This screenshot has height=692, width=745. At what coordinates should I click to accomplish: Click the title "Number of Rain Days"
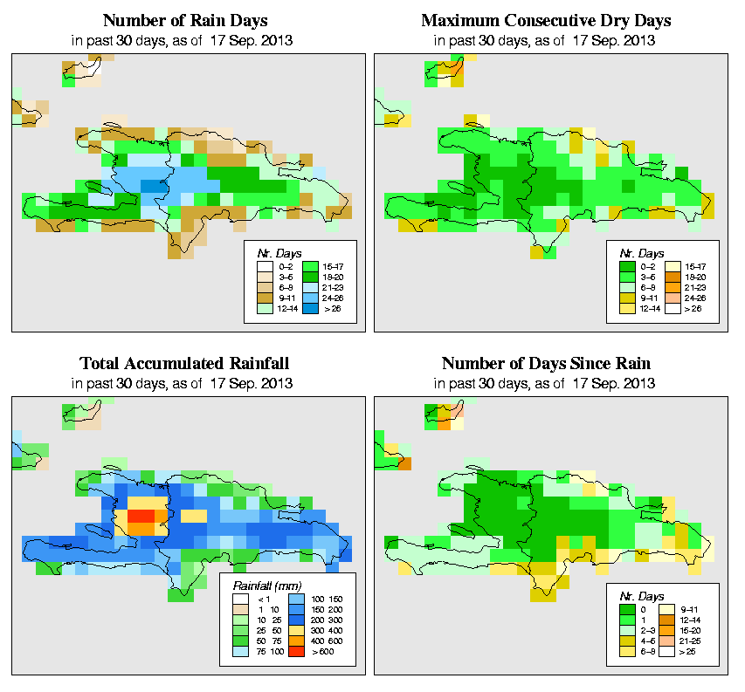pyautogui.click(x=184, y=20)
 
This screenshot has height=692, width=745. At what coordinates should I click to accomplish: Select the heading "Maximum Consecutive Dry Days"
pyautogui.click(x=546, y=20)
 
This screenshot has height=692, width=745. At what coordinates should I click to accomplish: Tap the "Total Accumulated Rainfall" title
pyautogui.click(x=184, y=363)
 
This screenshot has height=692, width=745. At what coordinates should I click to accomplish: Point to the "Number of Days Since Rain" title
pyautogui.click(x=546, y=363)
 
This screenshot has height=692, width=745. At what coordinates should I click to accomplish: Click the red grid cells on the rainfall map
pyautogui.click(x=141, y=517)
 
